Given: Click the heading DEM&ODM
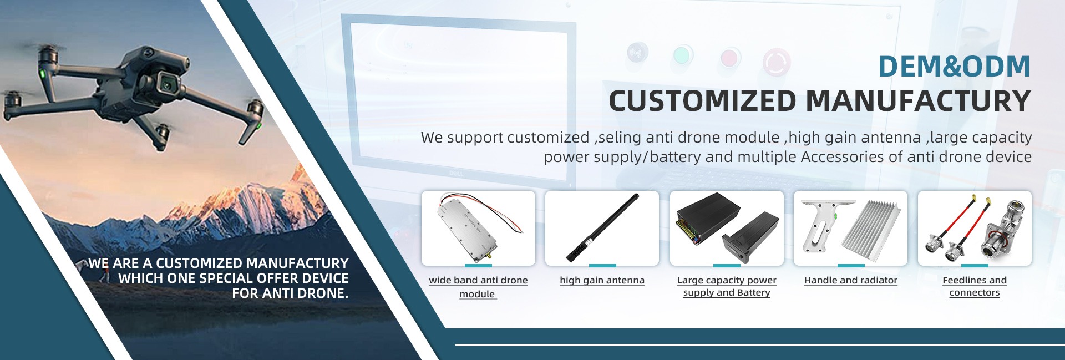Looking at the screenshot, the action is (x=954, y=67).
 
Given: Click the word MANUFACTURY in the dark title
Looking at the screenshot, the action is (x=918, y=102).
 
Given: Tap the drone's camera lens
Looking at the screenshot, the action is (x=167, y=83).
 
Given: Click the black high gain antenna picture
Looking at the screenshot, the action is (x=602, y=227).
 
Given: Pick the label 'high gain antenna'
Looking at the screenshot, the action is (x=602, y=280).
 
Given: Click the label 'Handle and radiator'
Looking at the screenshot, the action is (x=850, y=280).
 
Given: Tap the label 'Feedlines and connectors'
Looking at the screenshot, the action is (x=975, y=286).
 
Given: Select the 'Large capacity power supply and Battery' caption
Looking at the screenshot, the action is (x=727, y=286).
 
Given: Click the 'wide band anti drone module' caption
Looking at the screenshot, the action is (x=478, y=287).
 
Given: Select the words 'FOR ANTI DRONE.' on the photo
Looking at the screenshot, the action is (x=290, y=293).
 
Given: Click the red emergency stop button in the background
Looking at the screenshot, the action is (x=777, y=62).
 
